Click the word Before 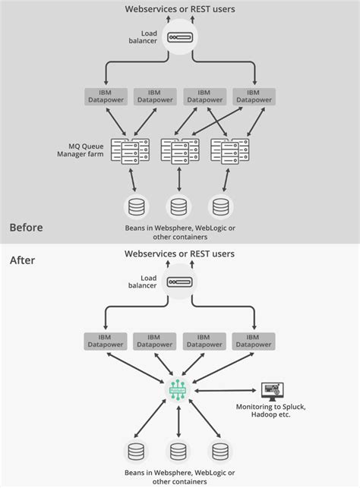[x=26, y=228]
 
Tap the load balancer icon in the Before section [x=180, y=36]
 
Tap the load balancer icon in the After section [x=180, y=282]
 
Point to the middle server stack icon [x=179, y=150]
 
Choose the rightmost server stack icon [x=229, y=150]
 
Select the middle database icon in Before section [x=179, y=206]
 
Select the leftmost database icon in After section [x=137, y=452]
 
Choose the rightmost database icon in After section [x=221, y=452]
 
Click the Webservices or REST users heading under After [x=180, y=253]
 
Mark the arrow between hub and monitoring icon [x=226, y=392]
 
